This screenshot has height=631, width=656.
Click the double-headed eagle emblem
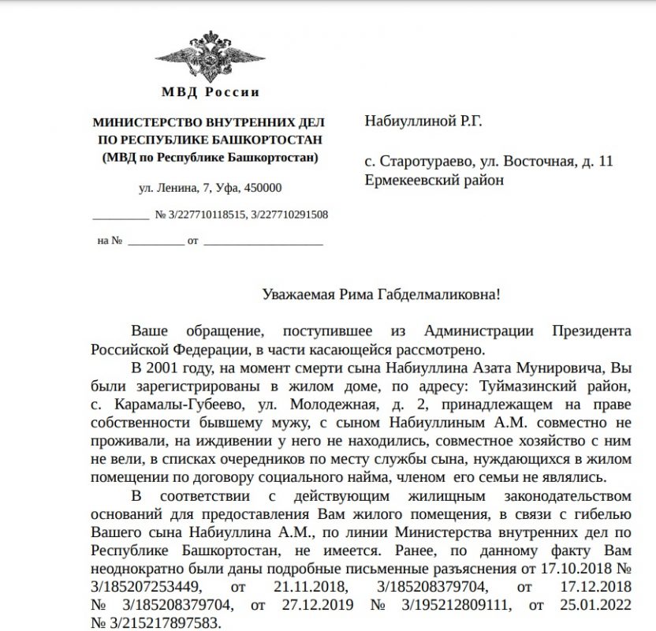pos(209,54)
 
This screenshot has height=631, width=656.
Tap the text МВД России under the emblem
pos(210,92)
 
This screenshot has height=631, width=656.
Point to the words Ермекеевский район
pos(434,180)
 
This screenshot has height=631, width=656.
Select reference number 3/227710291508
pos(290,214)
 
